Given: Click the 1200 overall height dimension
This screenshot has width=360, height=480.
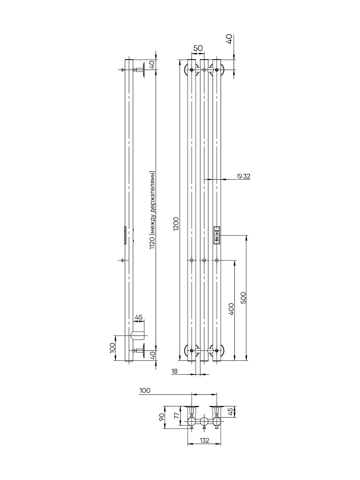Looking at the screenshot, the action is point(176,224).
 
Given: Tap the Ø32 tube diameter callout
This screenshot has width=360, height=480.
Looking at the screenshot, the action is point(244,176).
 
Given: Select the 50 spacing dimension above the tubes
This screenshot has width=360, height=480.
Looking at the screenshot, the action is point(198,48).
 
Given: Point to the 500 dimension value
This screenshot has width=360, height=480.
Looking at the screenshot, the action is point(243,298).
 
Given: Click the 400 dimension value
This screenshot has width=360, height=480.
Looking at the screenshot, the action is point(231,309).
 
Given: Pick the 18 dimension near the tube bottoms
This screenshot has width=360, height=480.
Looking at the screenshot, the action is point(175,371).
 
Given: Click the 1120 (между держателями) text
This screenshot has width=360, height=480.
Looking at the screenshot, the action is point(152,210).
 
